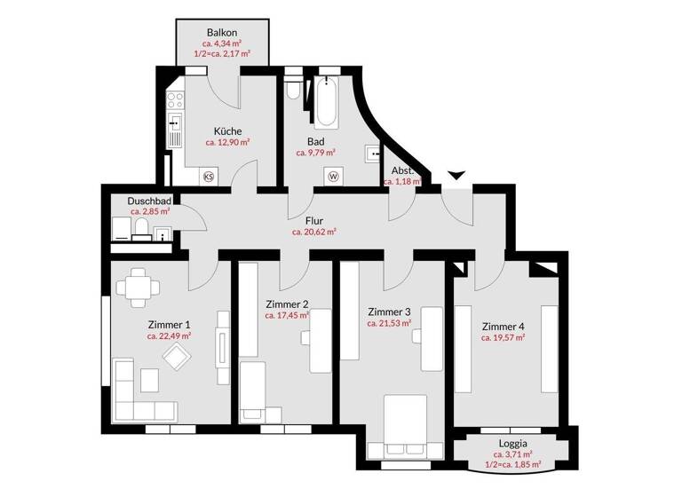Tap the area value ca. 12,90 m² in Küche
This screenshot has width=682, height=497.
click(227, 141)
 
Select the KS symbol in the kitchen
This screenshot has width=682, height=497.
click(210, 177)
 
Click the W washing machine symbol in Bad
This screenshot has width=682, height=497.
click(334, 176)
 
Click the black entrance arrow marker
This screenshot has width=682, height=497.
click(456, 177)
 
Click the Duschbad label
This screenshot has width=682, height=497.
click(149, 201)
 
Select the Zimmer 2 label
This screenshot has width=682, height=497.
click(287, 304)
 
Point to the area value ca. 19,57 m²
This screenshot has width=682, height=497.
click(504, 337)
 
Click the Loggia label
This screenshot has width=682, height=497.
click(513, 441)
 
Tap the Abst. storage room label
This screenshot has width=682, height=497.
click(400, 170)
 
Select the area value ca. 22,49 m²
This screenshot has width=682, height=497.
click(170, 336)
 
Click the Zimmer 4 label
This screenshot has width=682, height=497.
click(504, 325)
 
